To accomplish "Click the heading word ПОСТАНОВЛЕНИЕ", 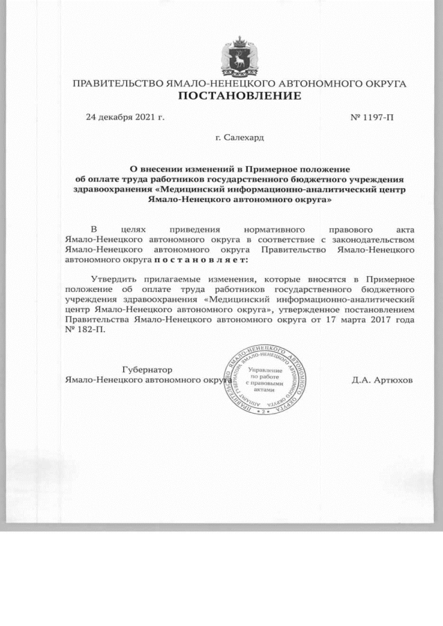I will click(x=239, y=95).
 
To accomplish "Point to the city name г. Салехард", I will click(x=239, y=138).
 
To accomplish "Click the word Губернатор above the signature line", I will click(x=147, y=369).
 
